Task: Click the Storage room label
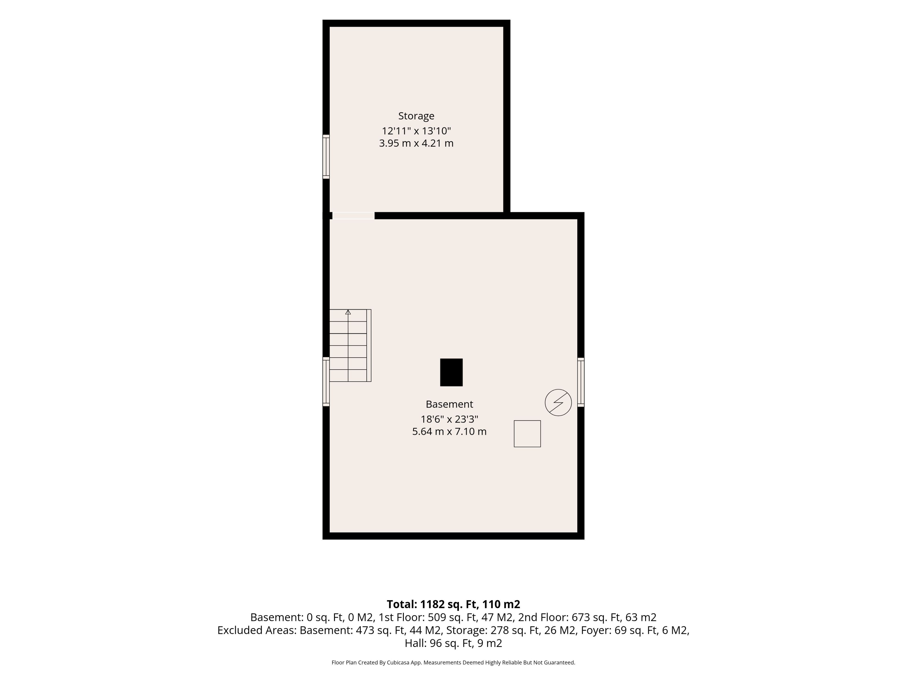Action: coord(416,116)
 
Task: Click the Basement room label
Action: coord(449,404)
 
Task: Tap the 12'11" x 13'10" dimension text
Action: coord(416,131)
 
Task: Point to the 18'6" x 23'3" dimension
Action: coord(449,419)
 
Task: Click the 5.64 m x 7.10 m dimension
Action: coord(449,432)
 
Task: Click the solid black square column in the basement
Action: coord(451,372)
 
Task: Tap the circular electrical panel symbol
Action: coord(558,402)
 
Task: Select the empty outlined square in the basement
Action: coord(527,433)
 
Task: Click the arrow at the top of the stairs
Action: coord(348,312)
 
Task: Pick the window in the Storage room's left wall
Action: coord(326,156)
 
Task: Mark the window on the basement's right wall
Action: coord(581,382)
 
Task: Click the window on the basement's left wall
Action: coord(326,382)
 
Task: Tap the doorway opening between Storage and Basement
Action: coord(353,215)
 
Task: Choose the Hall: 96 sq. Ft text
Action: coord(439,643)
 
